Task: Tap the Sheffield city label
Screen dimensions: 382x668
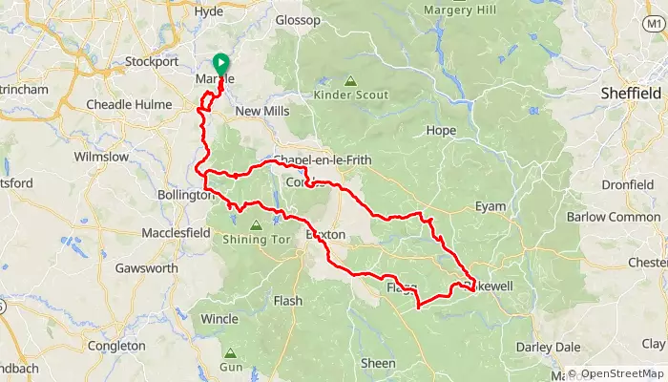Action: (x=631, y=94)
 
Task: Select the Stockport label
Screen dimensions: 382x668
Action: (x=153, y=63)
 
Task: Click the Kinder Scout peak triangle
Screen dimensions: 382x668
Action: (x=350, y=82)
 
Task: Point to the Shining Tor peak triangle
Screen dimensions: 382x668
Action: (x=256, y=225)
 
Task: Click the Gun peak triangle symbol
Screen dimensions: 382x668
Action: (x=229, y=353)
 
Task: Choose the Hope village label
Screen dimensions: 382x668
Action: (x=442, y=130)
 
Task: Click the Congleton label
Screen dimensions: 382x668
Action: (x=115, y=346)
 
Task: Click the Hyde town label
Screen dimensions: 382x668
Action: (x=207, y=12)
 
